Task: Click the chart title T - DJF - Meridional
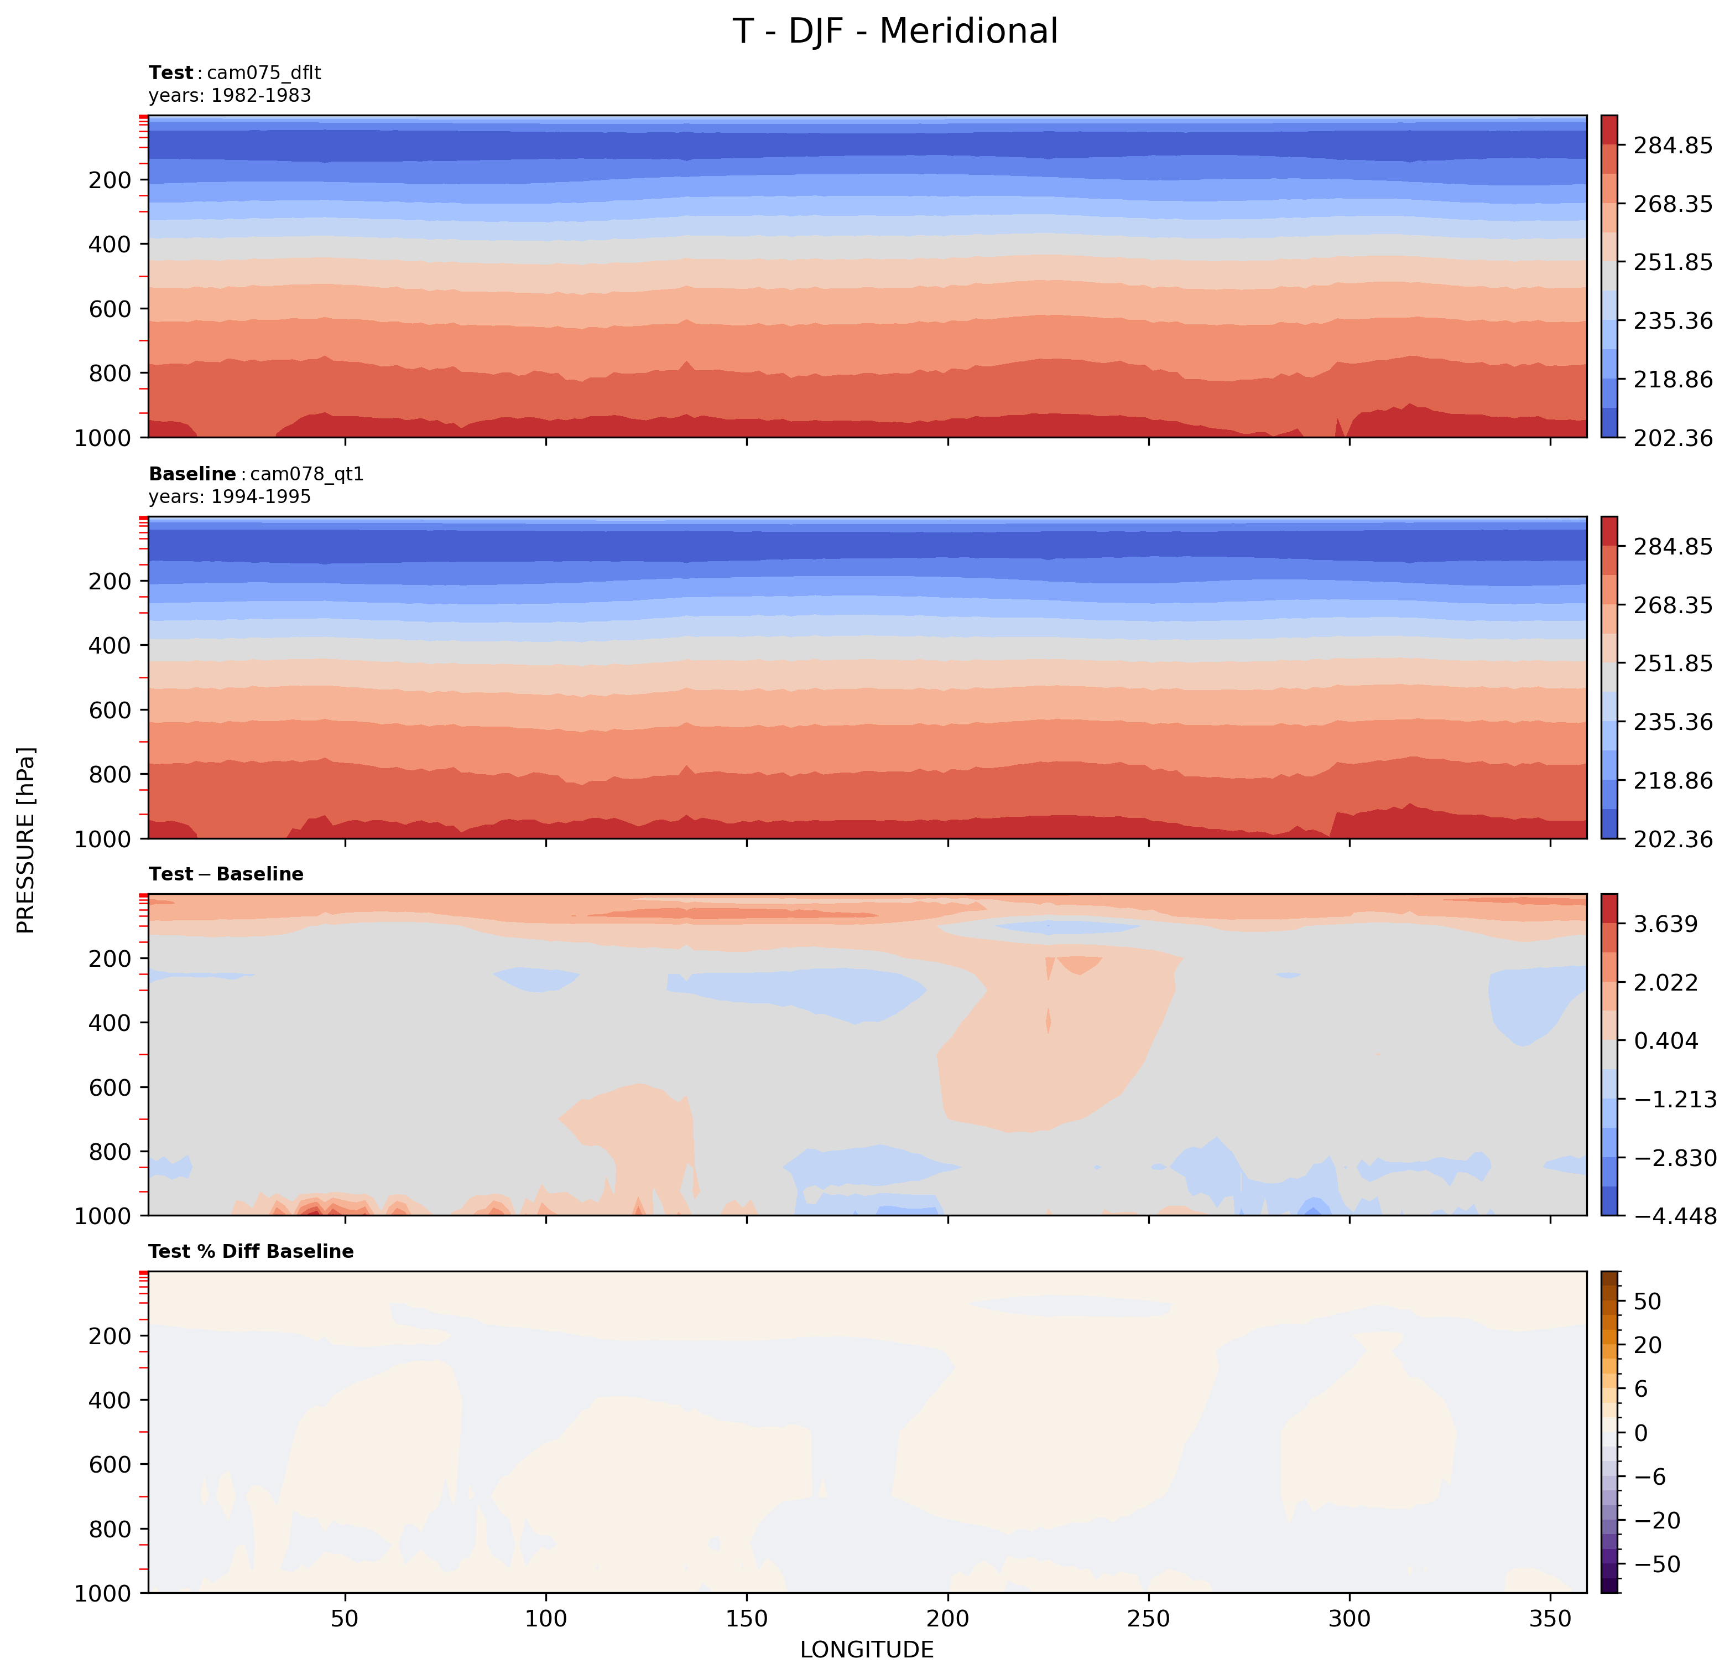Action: coord(895,32)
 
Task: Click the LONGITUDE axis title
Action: coord(867,1650)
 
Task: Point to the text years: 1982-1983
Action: coord(230,96)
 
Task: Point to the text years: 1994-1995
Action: coord(230,497)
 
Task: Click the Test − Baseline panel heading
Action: coord(226,874)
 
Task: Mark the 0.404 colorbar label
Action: coord(1665,1040)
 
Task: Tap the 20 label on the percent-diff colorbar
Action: coord(1648,1345)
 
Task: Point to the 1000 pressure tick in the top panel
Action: coord(103,438)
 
